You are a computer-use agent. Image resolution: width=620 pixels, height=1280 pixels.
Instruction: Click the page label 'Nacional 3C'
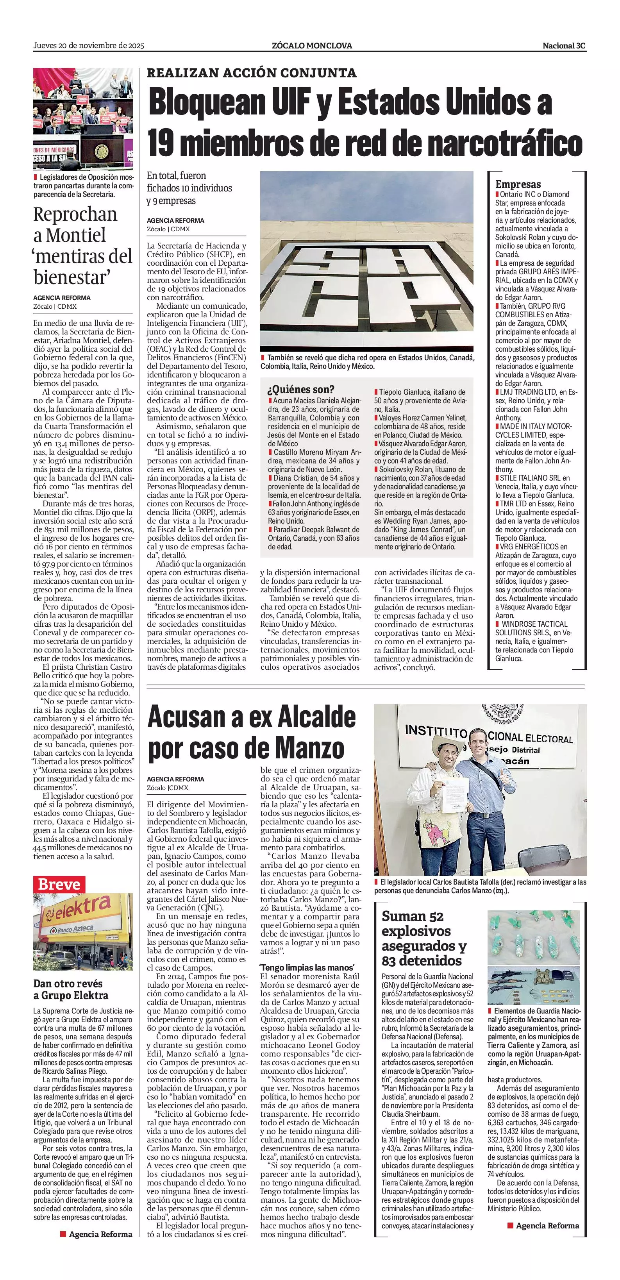pyautogui.click(x=564, y=46)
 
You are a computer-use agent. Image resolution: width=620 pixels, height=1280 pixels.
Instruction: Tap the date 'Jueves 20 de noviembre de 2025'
pyautogui.click(x=88, y=46)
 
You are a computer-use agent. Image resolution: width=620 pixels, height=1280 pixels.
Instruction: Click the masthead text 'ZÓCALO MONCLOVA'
pyautogui.click(x=312, y=46)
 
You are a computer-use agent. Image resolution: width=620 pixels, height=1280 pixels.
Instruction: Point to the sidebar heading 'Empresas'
pyautogui.click(x=518, y=184)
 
